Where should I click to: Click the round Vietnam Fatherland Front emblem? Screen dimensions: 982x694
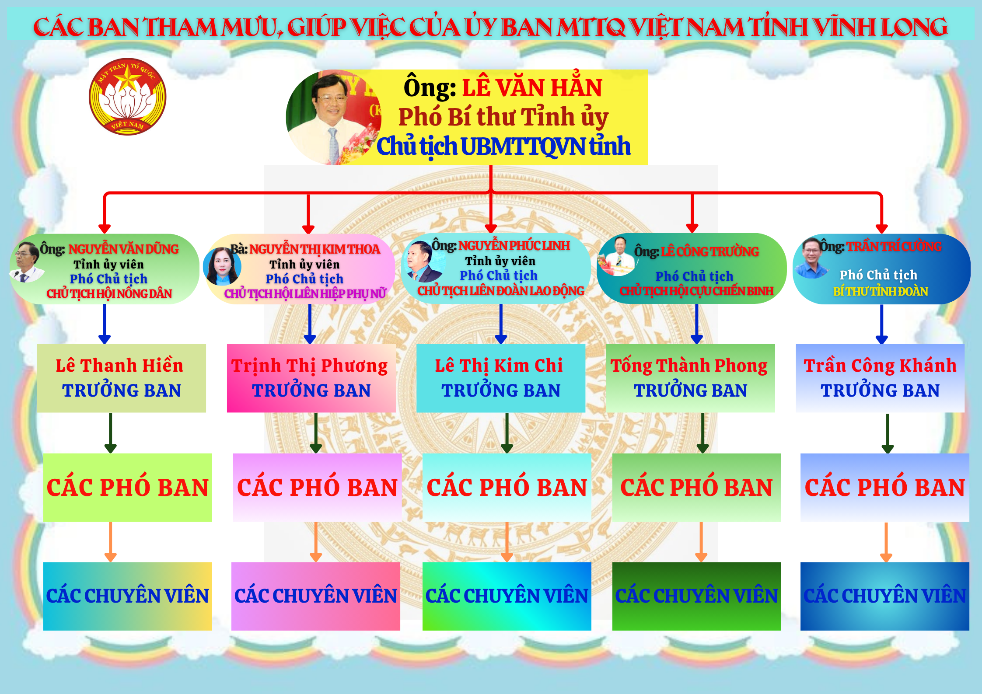127,97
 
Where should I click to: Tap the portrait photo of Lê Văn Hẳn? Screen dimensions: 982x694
333,117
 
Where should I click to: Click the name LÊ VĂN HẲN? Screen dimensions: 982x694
532,87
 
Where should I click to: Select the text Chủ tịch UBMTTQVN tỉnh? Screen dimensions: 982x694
503,146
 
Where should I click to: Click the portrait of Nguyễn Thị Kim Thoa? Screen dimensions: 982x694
222,266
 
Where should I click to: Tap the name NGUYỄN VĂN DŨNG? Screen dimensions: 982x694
123,249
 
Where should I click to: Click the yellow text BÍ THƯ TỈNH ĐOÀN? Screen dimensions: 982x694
881,291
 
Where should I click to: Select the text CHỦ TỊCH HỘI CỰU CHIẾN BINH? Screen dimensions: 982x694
696,291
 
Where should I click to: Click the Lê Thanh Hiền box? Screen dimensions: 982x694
122,378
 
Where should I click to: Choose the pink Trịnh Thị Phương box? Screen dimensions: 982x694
311,378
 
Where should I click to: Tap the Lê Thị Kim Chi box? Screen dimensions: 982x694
501,378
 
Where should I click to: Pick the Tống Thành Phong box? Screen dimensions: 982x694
691,378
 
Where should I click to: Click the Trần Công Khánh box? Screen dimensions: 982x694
880,378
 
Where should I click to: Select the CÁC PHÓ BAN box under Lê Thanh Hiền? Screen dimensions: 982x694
128,488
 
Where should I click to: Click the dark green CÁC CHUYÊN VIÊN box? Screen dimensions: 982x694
697,596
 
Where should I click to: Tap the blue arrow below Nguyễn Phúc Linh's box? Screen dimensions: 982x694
501,324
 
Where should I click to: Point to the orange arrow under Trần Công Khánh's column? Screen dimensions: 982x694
886,542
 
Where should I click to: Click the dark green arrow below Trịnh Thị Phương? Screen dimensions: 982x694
316,433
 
